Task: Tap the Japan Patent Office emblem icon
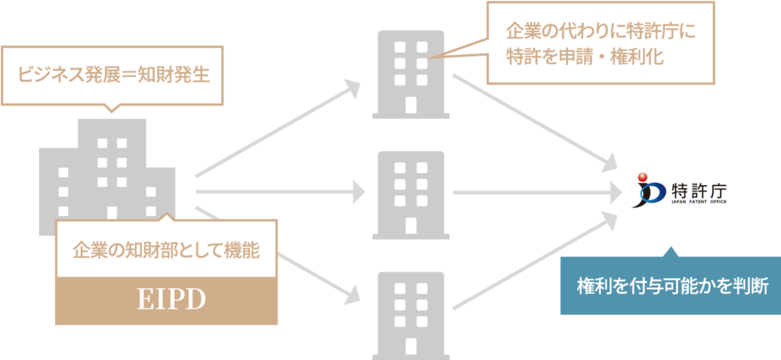[x=651, y=191]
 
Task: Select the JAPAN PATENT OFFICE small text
[x=699, y=204]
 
